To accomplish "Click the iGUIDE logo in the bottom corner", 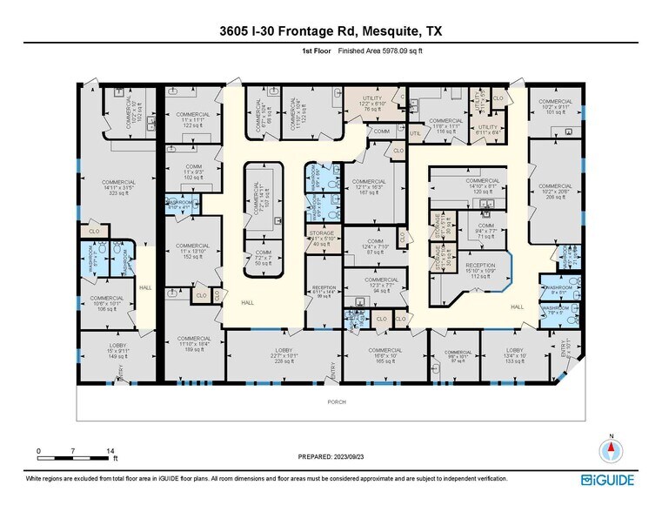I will click(608, 480).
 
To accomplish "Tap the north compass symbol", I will click(612, 449).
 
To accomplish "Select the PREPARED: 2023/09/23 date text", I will click(330, 457).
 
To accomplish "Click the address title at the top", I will click(331, 31).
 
